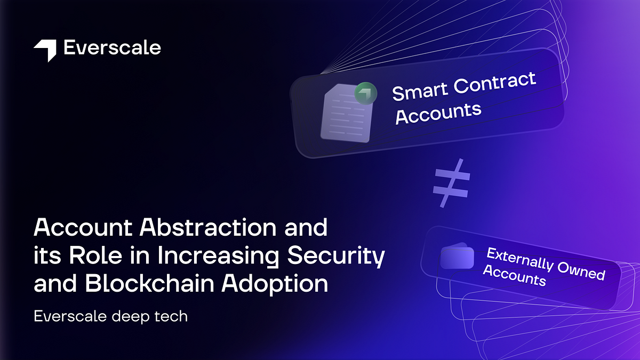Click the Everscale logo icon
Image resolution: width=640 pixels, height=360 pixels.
click(45, 50)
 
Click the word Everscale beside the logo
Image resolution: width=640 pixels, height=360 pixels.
click(112, 48)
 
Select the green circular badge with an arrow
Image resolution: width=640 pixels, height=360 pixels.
click(366, 93)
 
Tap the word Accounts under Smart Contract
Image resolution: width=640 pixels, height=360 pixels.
click(438, 113)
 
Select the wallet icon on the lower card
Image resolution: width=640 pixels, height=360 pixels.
click(457, 257)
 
